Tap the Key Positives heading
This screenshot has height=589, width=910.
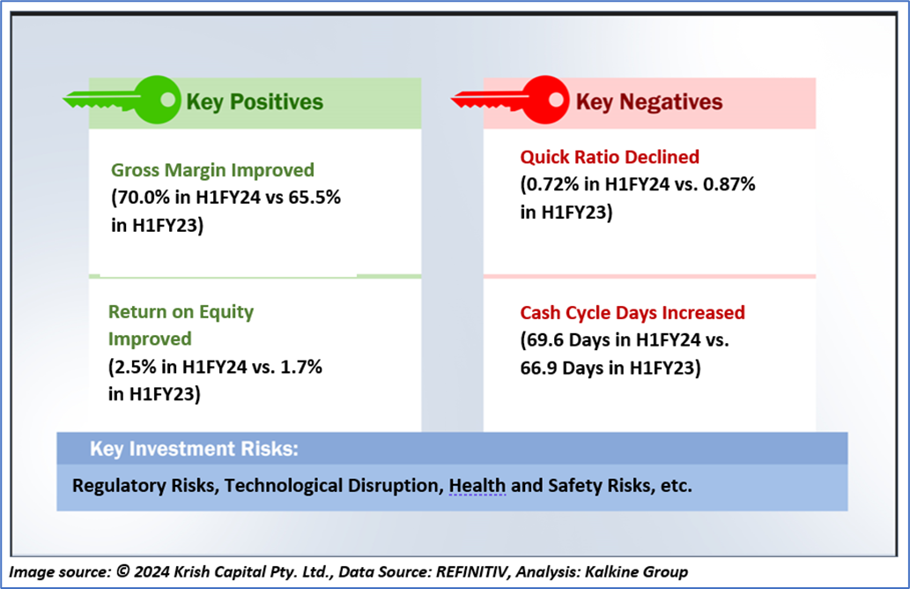coord(254,101)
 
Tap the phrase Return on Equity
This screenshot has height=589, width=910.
coord(181,312)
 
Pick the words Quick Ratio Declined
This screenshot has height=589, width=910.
coord(610,157)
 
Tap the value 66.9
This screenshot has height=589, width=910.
coord(539,368)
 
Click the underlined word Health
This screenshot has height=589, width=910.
coord(477,486)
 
